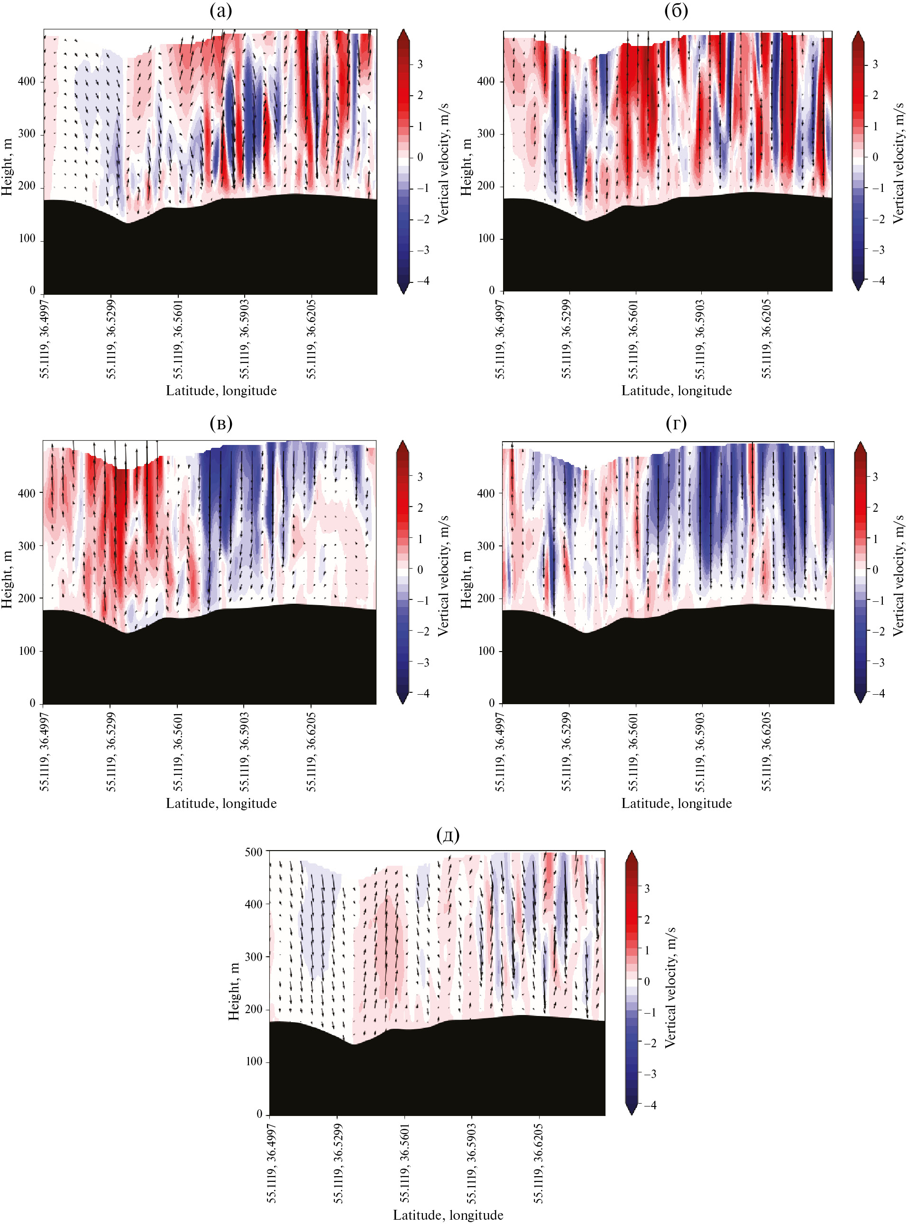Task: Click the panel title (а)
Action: [221, 11]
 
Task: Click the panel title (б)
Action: [676, 11]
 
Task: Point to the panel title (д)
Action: [448, 835]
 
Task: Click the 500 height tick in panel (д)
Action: [253, 852]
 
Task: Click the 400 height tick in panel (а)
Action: [27, 82]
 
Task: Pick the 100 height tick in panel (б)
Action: [486, 238]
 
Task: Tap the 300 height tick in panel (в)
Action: [27, 546]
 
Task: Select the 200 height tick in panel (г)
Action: [486, 598]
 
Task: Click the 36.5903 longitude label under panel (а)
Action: [244, 338]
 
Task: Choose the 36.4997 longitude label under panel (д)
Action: [272, 1163]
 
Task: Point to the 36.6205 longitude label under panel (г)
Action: [767, 751]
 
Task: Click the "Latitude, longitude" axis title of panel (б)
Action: [676, 390]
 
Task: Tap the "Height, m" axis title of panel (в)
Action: [7, 580]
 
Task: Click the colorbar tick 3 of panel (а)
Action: [421, 64]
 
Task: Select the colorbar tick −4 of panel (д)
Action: [650, 1105]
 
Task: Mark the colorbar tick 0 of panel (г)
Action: [876, 570]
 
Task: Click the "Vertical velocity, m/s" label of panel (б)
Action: [898, 163]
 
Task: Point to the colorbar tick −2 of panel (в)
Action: [422, 631]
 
